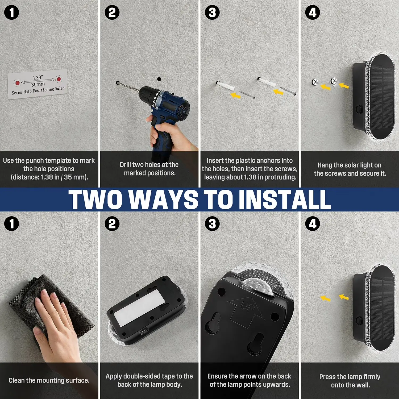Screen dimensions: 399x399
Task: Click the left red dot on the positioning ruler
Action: click(x=18, y=83)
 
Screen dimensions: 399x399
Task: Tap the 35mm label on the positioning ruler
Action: click(x=38, y=85)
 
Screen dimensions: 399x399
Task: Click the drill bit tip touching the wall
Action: click(x=118, y=83)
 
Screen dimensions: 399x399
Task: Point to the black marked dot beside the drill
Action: click(x=159, y=79)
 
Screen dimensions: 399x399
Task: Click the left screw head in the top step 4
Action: click(x=315, y=82)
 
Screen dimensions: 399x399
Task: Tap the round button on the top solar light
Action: click(x=359, y=109)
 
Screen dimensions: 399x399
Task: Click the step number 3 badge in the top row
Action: click(x=212, y=13)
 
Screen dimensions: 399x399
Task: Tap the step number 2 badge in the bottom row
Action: click(x=112, y=223)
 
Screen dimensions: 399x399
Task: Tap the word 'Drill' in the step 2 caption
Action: click(x=125, y=165)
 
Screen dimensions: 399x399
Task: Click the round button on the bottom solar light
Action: click(x=359, y=321)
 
